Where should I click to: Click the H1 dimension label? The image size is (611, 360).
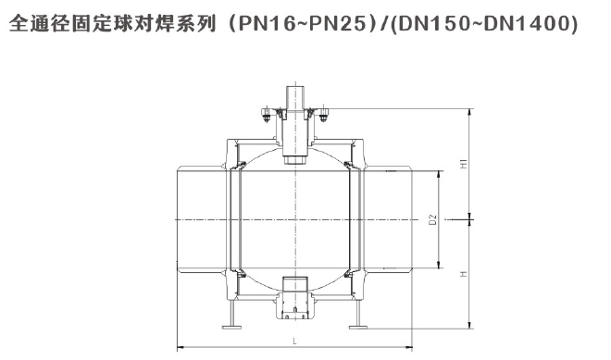tap(464, 164)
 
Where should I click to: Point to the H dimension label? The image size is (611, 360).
tap(464, 274)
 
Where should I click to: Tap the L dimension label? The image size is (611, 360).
tap(295, 341)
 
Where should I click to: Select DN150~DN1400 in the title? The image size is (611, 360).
tap(483, 24)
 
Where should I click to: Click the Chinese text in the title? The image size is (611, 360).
tap(113, 24)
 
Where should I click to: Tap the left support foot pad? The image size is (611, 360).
tap(231, 327)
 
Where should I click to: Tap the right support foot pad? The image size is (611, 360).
tap(358, 327)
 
